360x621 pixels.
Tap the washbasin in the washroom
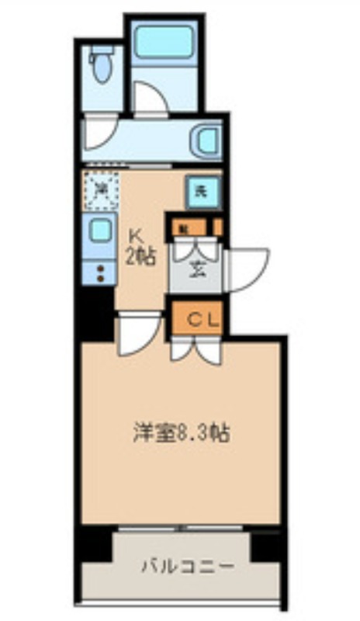(x=208, y=140)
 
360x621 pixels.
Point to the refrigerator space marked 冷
(x=101, y=189)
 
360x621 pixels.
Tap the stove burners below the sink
(x=99, y=272)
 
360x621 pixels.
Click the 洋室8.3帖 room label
(x=179, y=432)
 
